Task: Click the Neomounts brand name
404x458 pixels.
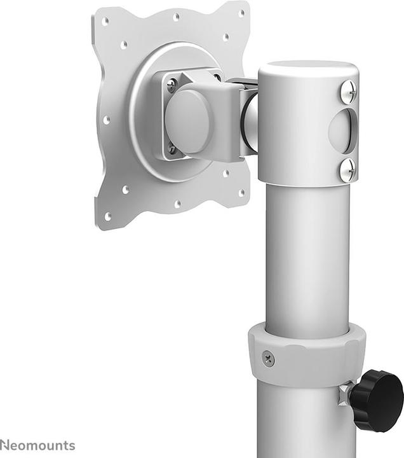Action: [x=37, y=445]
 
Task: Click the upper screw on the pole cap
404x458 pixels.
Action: [x=348, y=91]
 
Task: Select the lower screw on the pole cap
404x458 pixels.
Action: [x=347, y=170]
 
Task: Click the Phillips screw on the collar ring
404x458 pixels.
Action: [x=269, y=359]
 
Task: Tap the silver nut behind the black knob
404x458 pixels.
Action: [x=346, y=393]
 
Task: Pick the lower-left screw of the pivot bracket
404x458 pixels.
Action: [x=172, y=149]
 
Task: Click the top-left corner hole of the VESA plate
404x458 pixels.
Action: [x=105, y=22]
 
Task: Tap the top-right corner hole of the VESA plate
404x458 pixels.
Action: [x=241, y=13]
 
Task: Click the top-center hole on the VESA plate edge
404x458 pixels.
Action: [x=176, y=17]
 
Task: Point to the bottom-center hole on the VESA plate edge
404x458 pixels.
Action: [x=177, y=204]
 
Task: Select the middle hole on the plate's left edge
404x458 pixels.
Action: [x=106, y=120]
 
